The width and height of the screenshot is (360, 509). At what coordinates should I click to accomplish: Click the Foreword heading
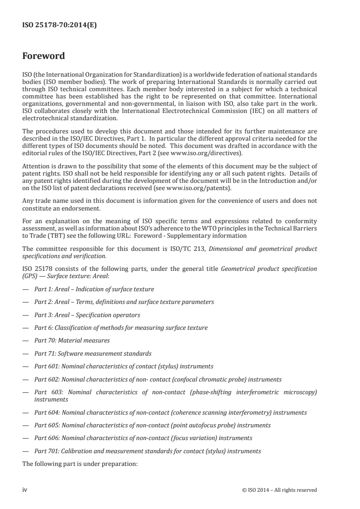click(44, 57)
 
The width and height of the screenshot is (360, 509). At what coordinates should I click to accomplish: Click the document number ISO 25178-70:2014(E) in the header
click(59, 25)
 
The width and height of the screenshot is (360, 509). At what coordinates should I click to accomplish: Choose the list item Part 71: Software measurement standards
click(93, 353)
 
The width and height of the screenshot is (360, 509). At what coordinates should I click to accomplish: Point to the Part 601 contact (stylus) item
click(123, 366)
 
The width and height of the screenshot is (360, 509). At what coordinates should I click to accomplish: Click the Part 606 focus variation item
click(143, 438)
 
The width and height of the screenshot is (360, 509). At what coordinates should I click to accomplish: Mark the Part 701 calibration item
click(148, 451)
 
